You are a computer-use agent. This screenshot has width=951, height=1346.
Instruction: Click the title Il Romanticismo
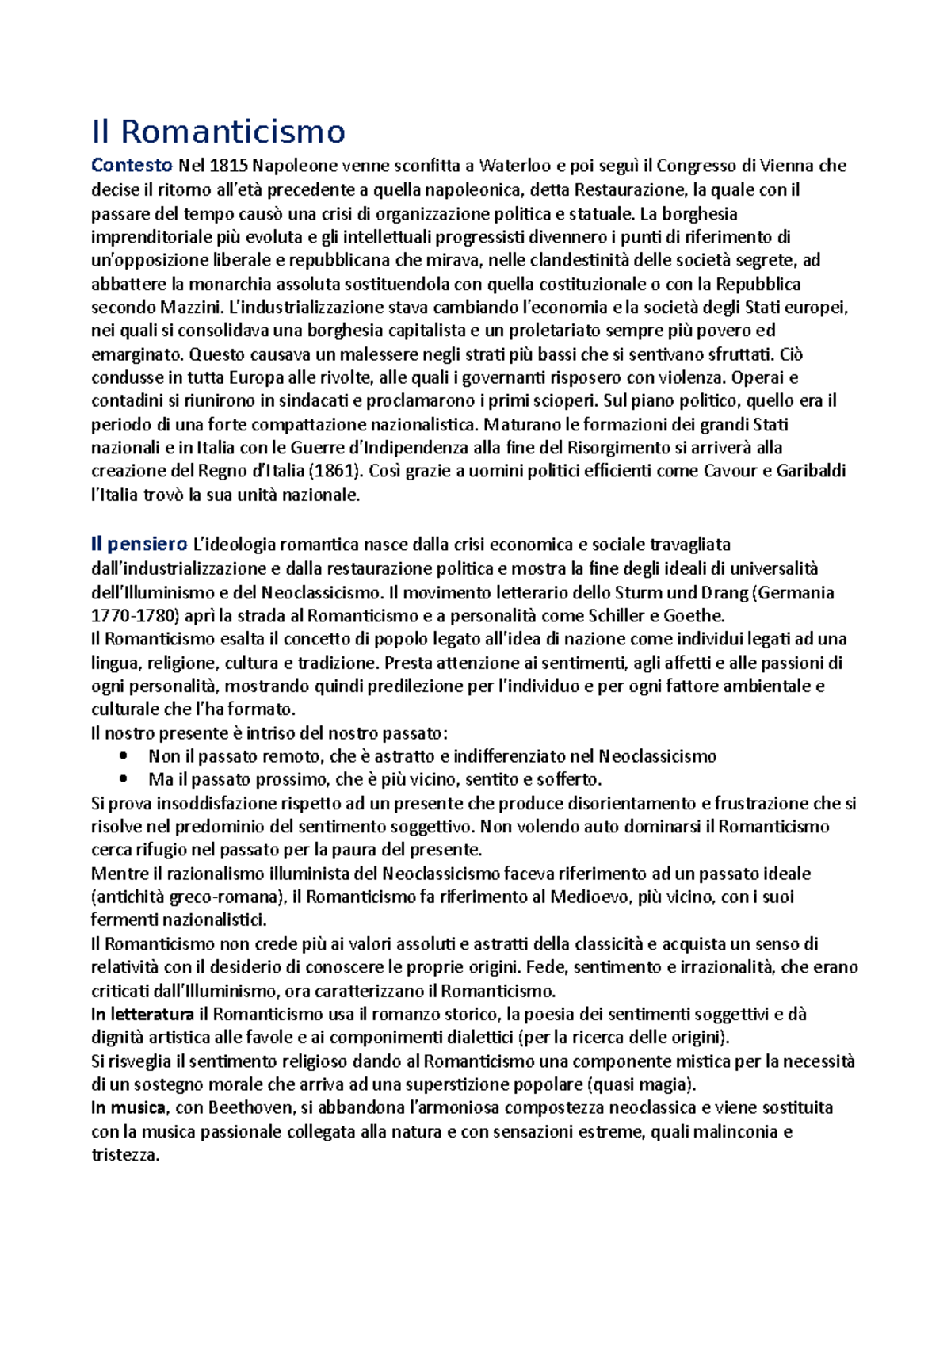[218, 132]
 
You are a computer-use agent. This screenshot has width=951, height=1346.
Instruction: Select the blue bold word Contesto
[132, 166]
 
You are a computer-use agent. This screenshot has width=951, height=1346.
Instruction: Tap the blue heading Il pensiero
[139, 545]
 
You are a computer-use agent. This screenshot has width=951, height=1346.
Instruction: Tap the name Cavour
[730, 471]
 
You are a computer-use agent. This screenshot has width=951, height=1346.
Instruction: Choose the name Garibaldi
[811, 471]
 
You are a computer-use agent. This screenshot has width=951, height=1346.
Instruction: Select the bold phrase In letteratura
[143, 1014]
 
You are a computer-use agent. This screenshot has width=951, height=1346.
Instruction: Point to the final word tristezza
[125, 1155]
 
